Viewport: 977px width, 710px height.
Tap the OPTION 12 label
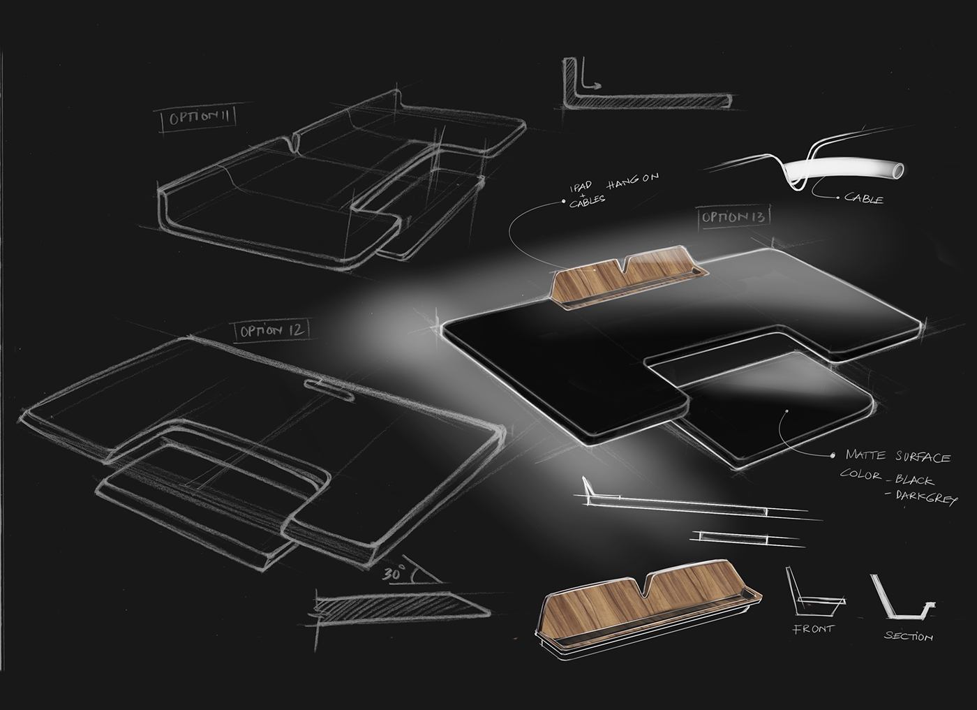273,330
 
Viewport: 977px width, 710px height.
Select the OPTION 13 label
734,217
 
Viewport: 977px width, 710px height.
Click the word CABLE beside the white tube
864,199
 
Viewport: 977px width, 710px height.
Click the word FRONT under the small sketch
812,629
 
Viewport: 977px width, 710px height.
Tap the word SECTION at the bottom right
908,636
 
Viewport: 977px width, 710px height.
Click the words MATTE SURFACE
897,457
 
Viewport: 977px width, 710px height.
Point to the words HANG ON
633,179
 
